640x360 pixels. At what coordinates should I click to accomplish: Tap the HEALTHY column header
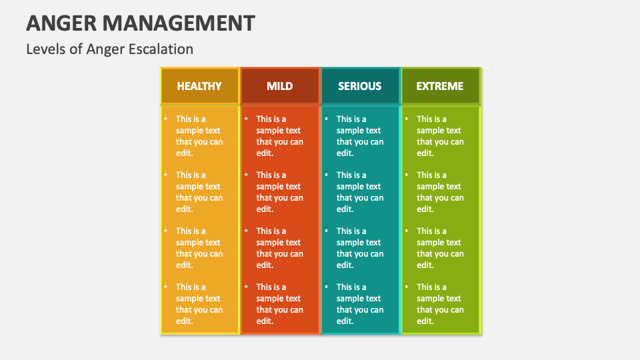pyautogui.click(x=199, y=86)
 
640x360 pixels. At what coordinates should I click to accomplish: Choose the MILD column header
pyautogui.click(x=279, y=86)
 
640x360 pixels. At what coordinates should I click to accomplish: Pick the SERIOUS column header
pyautogui.click(x=359, y=86)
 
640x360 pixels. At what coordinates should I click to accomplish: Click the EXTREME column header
pyautogui.click(x=440, y=86)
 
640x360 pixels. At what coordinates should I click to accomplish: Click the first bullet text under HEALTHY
pyautogui.click(x=199, y=136)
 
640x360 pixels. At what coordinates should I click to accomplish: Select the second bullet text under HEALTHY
pyautogui.click(x=199, y=192)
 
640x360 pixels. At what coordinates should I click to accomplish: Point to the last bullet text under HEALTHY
pyautogui.click(x=199, y=304)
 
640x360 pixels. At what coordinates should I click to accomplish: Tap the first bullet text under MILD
pyautogui.click(x=279, y=136)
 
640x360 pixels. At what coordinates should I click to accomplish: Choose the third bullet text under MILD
pyautogui.click(x=279, y=248)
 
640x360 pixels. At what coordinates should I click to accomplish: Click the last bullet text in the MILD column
pyautogui.click(x=279, y=304)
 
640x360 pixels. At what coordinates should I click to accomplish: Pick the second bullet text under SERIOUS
pyautogui.click(x=360, y=192)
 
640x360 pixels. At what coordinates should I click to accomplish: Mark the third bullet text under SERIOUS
pyautogui.click(x=360, y=248)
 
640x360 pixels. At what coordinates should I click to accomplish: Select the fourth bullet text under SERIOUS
pyautogui.click(x=360, y=304)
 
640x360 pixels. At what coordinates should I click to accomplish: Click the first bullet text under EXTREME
pyautogui.click(x=440, y=136)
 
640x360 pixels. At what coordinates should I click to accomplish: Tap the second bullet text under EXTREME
pyautogui.click(x=440, y=192)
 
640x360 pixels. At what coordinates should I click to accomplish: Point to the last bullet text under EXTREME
pyautogui.click(x=440, y=304)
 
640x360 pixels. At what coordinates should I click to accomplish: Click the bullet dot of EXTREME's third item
pyautogui.click(x=407, y=231)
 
